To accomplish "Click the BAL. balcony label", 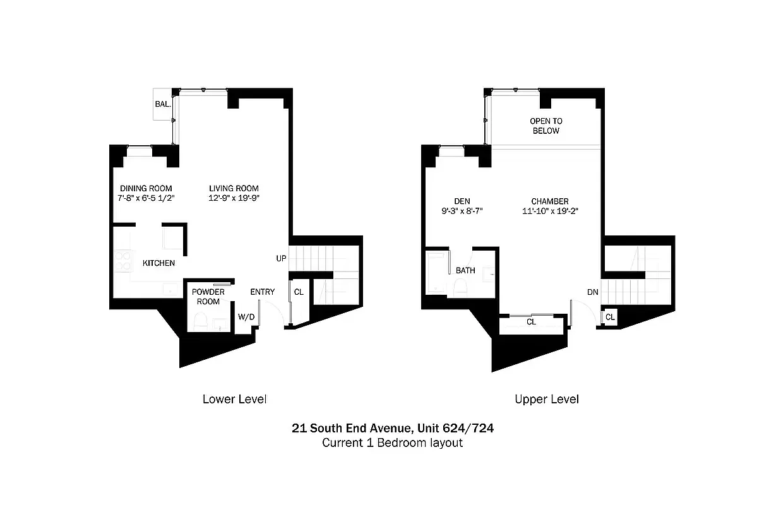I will coord(162,104).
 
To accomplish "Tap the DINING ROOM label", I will coord(146,188).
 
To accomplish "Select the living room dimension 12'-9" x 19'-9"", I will coord(234,198).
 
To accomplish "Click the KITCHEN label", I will coord(158,263).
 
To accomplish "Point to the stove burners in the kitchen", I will coord(121,261).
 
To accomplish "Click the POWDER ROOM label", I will coord(208,297).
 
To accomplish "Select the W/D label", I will coord(246,317).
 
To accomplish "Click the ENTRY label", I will coord(262,292).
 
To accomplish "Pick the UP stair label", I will coord(281,259).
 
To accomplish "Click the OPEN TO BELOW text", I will coord(546,126).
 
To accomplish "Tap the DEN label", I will coord(462,201).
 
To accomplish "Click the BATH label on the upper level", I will coord(465,271).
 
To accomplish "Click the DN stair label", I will coord(592,292).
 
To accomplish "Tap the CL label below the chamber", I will coord(531,322).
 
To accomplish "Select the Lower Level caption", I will coord(234,399).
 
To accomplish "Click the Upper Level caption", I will coord(546,399).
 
